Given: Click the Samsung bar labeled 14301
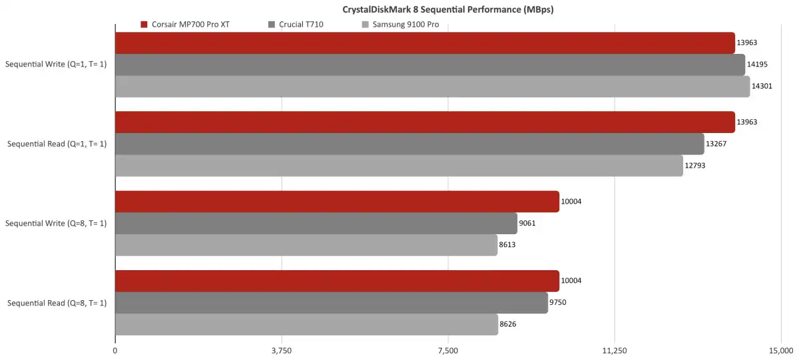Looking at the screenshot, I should click(432, 87).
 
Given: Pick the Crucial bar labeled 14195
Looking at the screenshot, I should click(429, 65).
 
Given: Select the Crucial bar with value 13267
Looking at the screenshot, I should click(409, 144).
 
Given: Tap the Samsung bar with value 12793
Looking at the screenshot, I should click(399, 166).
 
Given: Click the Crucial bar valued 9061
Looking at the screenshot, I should click(316, 223).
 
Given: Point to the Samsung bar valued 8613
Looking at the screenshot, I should click(306, 245).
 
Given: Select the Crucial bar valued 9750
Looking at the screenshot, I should click(332, 302).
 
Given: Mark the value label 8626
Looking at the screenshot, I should click(509, 324).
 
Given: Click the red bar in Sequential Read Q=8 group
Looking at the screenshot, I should click(337, 281).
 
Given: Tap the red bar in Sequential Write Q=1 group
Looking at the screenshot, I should click(425, 43).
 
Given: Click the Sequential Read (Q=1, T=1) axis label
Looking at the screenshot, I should click(57, 144).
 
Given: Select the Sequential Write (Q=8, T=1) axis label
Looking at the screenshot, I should click(56, 223).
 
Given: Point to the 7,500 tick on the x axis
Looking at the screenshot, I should click(448, 350).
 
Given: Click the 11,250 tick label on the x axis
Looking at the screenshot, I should click(614, 350).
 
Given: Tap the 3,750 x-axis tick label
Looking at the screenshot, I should click(282, 350).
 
